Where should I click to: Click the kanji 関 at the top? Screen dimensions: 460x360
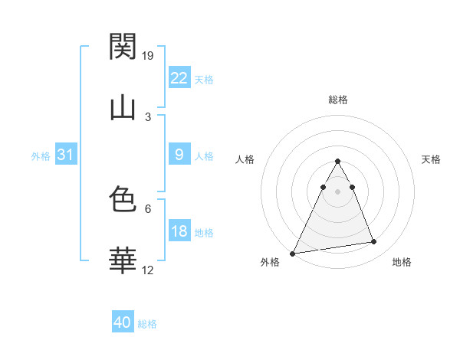[123, 47]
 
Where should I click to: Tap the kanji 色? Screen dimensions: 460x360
[123, 200]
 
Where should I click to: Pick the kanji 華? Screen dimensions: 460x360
[123, 261]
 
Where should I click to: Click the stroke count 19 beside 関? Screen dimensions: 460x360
[149, 55]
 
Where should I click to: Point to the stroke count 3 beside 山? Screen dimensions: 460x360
[148, 116]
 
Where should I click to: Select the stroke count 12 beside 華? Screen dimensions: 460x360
[149, 270]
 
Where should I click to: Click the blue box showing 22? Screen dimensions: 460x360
[179, 78]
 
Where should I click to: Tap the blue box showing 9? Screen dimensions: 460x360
[179, 155]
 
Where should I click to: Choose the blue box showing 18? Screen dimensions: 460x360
[179, 231]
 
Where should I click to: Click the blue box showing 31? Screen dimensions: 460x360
[65, 155]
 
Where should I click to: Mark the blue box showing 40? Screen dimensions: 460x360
[122, 322]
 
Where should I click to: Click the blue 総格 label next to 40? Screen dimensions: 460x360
[147, 324]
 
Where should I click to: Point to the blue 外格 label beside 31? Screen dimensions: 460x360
[41, 156]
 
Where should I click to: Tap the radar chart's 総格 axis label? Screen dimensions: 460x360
[337, 100]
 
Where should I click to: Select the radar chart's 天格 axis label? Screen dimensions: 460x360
[431, 159]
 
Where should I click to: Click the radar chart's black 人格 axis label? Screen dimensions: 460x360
[245, 159]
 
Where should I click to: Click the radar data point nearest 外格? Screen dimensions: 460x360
[293, 254]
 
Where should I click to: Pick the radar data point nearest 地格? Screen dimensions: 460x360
[373, 242]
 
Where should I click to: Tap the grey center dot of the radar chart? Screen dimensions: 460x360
[337, 191]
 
